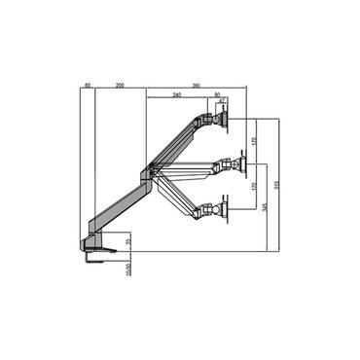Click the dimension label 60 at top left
88,86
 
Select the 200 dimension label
120,86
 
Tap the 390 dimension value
197,86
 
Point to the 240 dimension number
176,94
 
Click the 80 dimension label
216,94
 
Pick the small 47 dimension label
222,101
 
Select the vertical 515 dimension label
278,185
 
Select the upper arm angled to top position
175,143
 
